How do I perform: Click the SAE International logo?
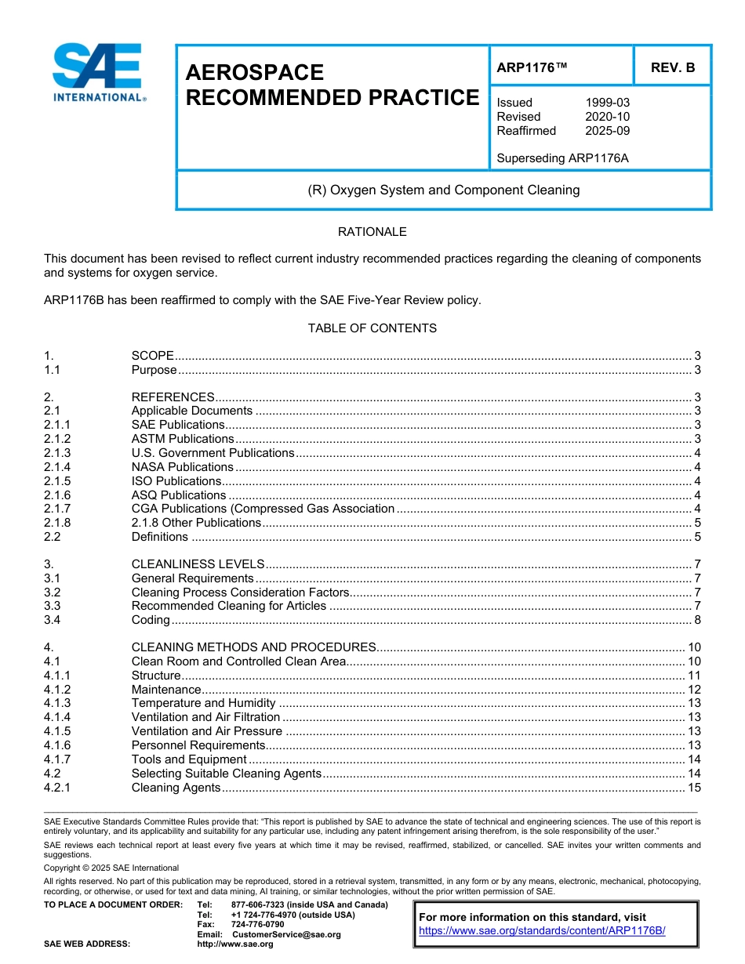point(97,72)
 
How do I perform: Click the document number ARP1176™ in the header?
point(531,68)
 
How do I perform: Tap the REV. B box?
point(672,68)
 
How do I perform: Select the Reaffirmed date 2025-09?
point(607,131)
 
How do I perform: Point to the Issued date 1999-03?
point(607,103)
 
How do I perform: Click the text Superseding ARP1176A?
point(562,158)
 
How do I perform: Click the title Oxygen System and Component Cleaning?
point(444,190)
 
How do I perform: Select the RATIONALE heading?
point(372,232)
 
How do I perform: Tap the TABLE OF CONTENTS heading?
point(372,328)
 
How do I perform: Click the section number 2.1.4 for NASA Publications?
point(57,467)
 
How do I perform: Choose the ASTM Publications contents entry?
point(183,439)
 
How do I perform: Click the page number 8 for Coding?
point(697,620)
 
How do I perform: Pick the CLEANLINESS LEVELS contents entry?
point(198,564)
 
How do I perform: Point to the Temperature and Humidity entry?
point(203,703)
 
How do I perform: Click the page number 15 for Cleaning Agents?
point(693,788)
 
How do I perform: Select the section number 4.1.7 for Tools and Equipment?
point(57,759)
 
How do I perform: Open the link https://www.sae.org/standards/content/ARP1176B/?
point(542,930)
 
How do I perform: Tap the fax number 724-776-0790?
point(257,924)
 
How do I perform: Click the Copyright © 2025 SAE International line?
point(111,868)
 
